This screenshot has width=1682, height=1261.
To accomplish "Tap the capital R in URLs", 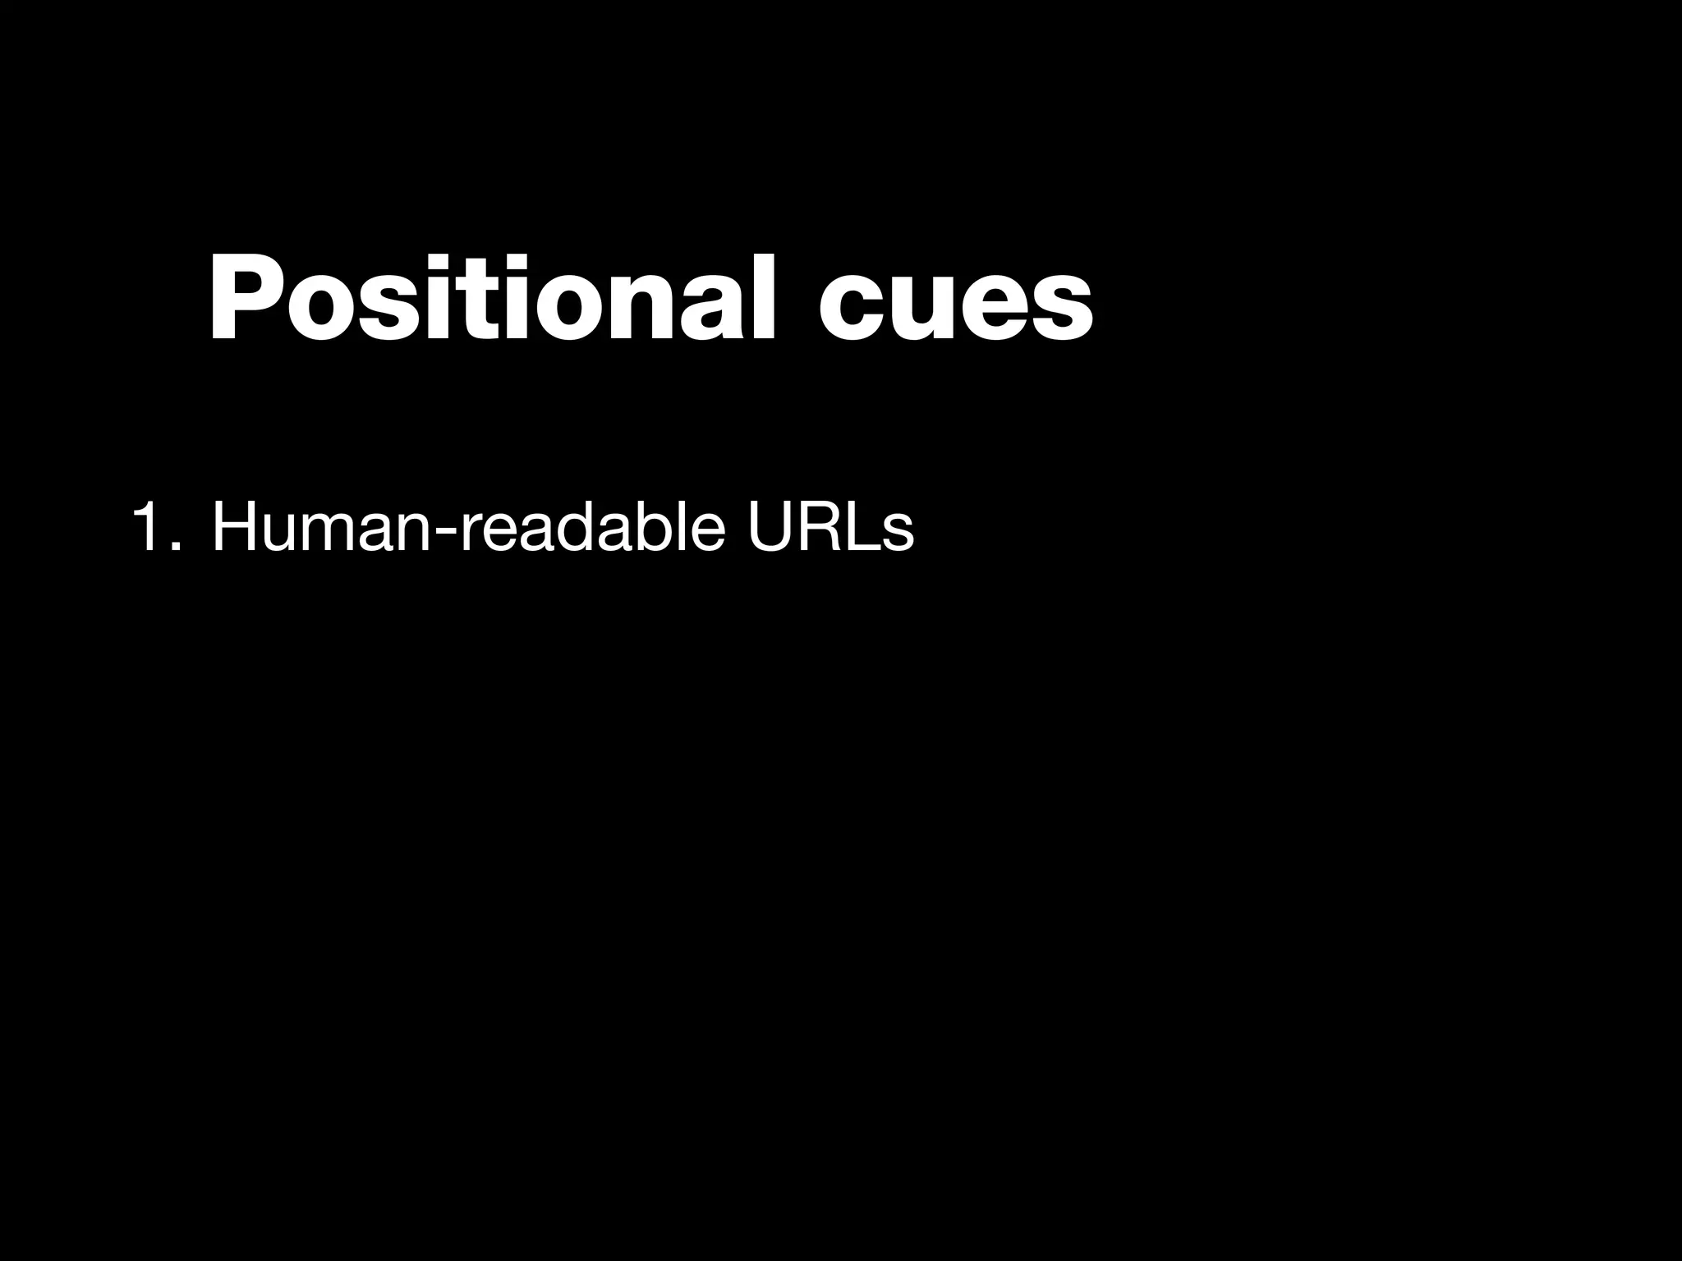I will (824, 530).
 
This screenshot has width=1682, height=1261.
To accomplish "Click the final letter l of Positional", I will (763, 296).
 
